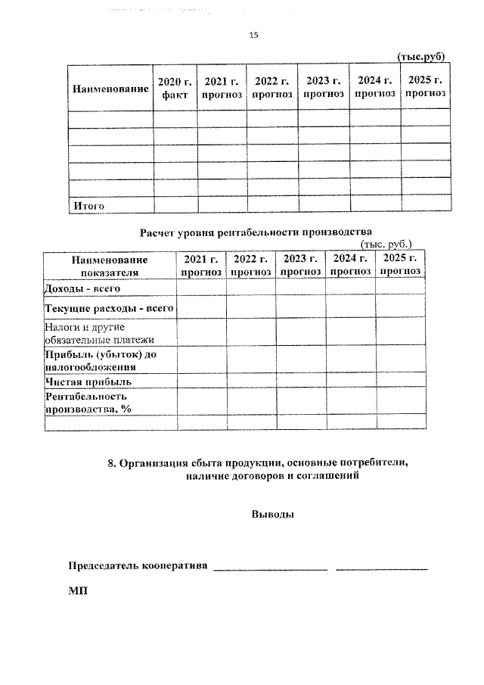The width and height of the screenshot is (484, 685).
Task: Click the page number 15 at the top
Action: click(253, 34)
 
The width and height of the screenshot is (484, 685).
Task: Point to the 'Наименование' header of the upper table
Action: click(110, 89)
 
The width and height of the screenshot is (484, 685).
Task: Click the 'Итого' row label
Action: click(87, 204)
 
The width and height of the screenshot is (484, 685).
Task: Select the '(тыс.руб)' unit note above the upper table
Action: click(420, 57)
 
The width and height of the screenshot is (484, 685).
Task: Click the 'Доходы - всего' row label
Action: click(83, 288)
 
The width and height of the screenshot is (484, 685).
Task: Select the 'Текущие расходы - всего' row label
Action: click(110, 308)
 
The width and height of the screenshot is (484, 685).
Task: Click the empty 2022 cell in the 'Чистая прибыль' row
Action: click(250, 381)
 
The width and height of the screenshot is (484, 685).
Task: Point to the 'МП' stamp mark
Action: click(78, 590)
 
